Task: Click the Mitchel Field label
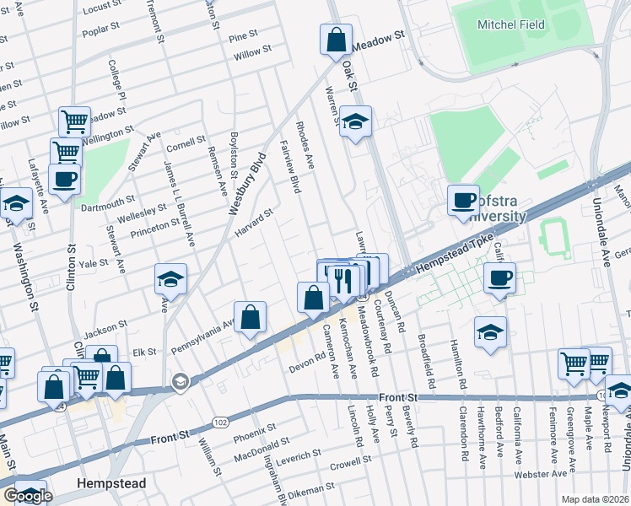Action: (506, 24)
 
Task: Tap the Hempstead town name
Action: (111, 484)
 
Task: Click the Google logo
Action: (28, 496)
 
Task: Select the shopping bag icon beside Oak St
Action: (336, 39)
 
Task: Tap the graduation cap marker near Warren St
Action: (356, 122)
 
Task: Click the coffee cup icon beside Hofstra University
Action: (463, 201)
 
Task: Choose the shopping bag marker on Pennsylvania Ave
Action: (251, 317)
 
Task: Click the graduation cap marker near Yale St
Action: (170, 279)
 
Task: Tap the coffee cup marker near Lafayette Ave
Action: (65, 179)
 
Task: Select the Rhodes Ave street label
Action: (305, 145)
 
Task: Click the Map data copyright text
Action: (595, 499)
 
